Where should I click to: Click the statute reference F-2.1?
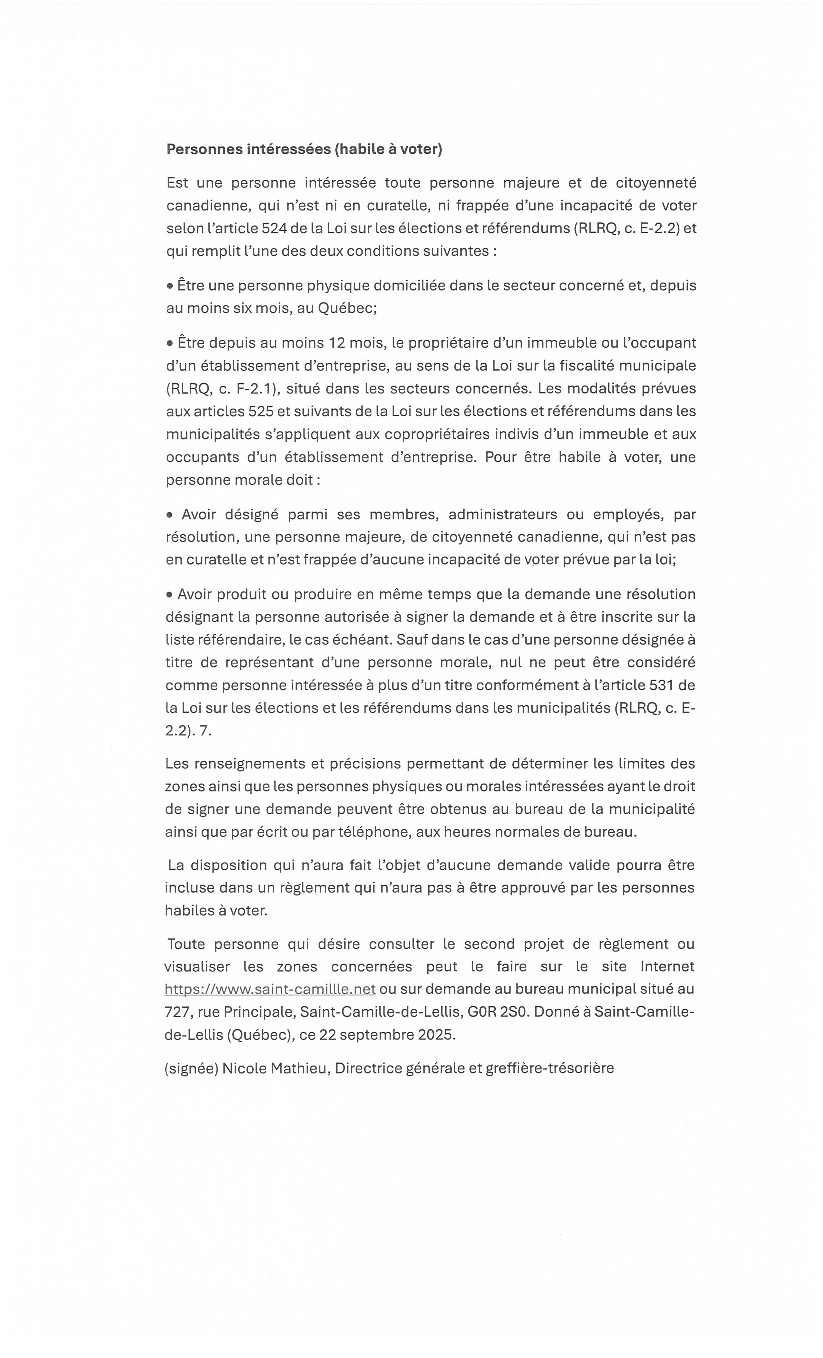tap(254, 389)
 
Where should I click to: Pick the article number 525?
tap(261, 411)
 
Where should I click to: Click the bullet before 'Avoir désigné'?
tap(170, 515)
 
